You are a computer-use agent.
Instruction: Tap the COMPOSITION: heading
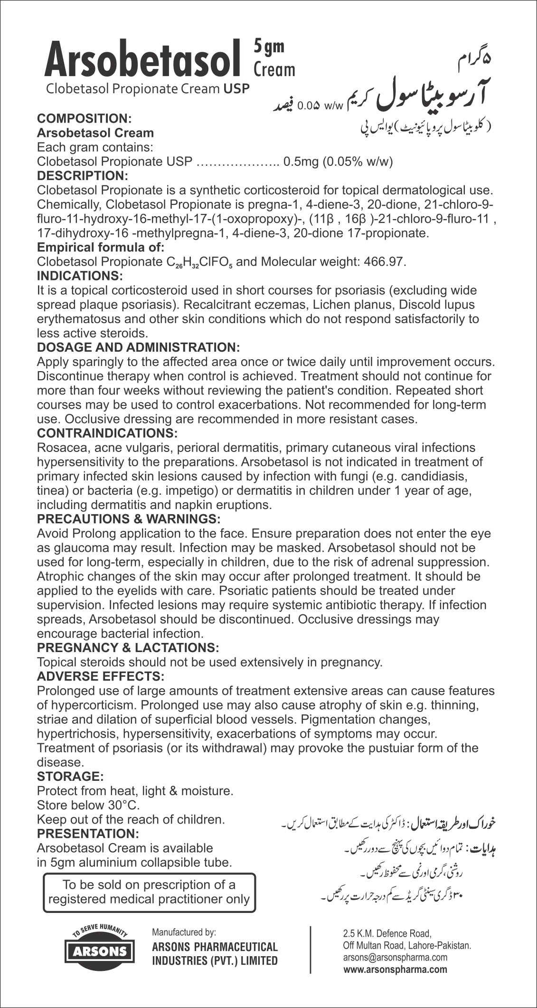[84, 118]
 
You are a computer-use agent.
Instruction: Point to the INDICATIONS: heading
[80, 276]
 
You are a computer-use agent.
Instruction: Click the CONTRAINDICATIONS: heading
[107, 433]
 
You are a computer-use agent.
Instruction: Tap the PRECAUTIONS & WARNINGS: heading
[129, 518]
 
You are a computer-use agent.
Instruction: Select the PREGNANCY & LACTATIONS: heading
[128, 647]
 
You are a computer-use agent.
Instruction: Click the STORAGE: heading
[70, 777]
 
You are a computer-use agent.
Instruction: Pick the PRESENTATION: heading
[88, 834]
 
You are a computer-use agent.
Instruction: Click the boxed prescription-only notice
[149, 892]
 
